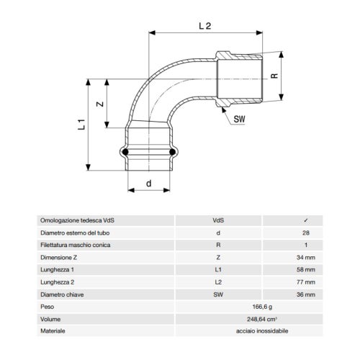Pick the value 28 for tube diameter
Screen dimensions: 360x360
click(x=307, y=233)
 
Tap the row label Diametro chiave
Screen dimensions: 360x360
click(x=63, y=294)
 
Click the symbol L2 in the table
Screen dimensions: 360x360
click(x=218, y=282)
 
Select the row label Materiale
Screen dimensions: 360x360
click(x=54, y=330)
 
